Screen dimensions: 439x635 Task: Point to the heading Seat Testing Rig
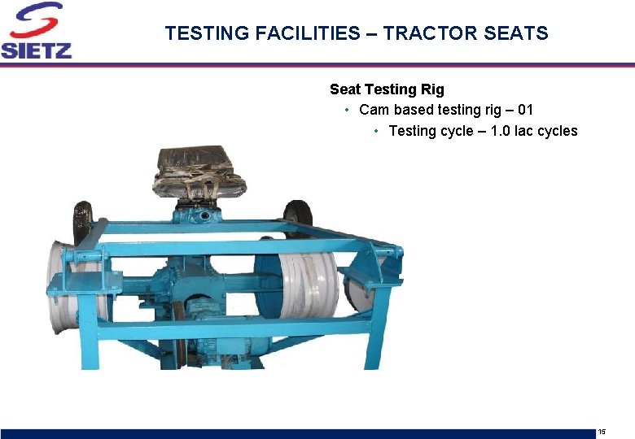click(x=387, y=89)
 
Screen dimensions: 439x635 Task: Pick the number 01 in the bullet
click(x=525, y=110)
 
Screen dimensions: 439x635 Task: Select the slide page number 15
click(x=602, y=431)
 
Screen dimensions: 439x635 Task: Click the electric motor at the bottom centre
click(x=204, y=314)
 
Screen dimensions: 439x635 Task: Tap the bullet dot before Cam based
click(x=347, y=110)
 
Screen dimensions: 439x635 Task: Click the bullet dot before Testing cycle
click(x=376, y=131)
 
